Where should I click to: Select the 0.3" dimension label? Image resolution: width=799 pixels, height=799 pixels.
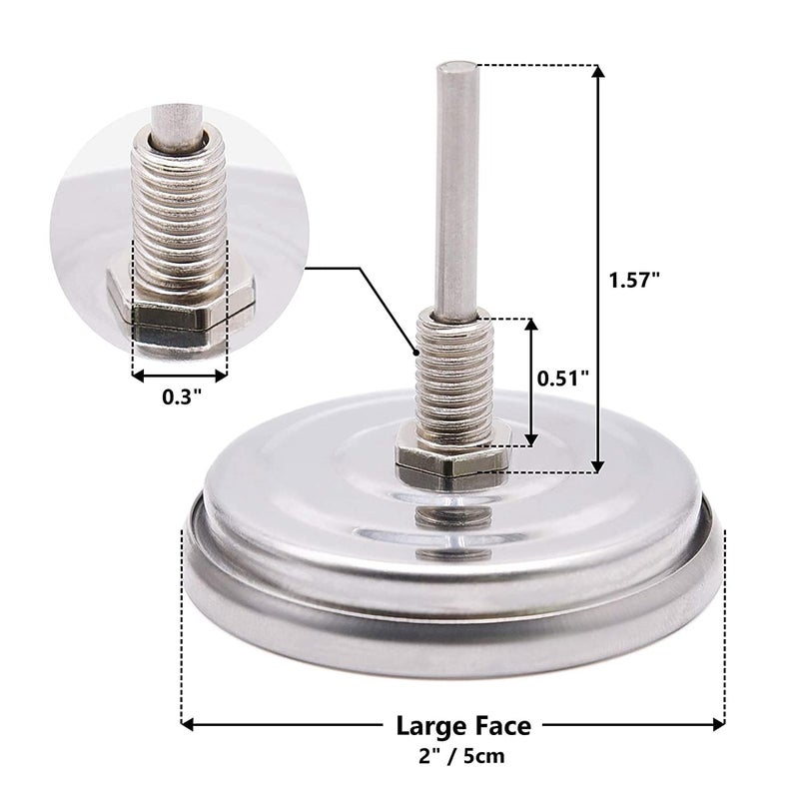click(x=182, y=396)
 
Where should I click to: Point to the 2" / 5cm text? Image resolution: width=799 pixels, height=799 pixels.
click(x=463, y=757)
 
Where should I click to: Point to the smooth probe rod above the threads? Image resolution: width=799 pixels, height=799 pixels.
click(x=456, y=190)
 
